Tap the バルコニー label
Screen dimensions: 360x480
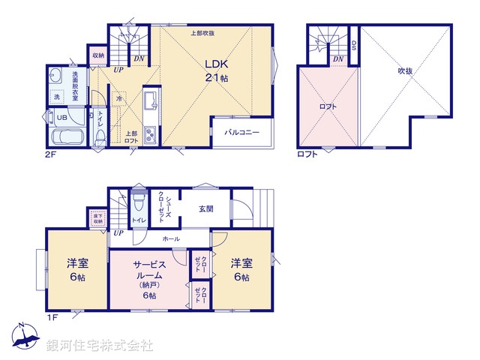coord(241,133)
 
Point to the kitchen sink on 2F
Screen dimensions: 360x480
coord(148,100)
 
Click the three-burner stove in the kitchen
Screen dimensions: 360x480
coord(148,136)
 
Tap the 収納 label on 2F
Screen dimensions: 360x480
coord(99,55)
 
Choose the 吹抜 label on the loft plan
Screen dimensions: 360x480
coord(405,71)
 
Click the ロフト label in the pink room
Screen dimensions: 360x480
coord(328,106)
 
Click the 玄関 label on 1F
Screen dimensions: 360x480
coord(207,208)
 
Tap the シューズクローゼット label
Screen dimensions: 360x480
coord(163,207)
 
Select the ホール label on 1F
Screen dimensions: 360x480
coord(170,238)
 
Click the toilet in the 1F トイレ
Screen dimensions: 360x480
coord(138,204)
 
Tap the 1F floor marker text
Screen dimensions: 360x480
coord(52,318)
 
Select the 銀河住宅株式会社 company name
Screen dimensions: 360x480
coord(100,346)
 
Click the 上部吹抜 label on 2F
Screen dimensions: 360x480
coord(202,33)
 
